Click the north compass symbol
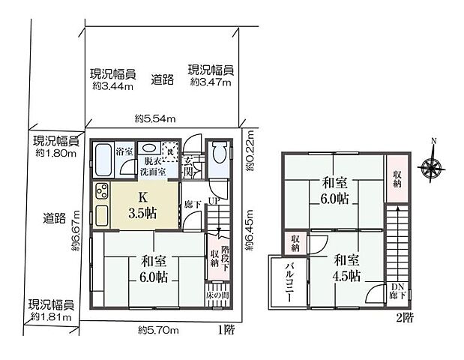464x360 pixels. [433, 166]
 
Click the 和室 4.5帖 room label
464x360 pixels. [346, 268]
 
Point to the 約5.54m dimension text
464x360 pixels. [155, 118]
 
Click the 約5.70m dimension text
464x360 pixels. [157, 328]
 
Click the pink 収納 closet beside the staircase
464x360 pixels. [396, 178]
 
